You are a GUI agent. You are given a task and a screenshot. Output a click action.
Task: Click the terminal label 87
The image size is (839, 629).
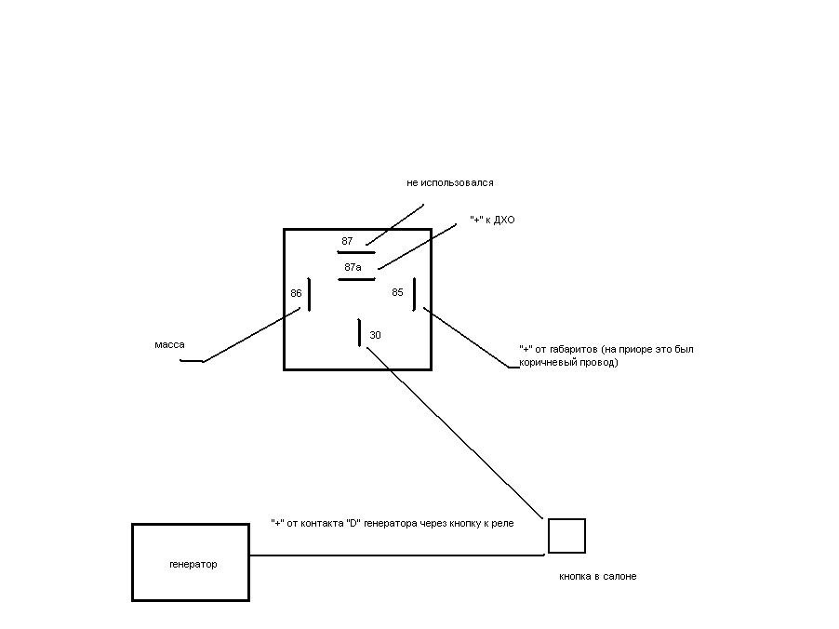(347, 241)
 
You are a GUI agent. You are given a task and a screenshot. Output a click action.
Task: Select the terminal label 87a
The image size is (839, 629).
(353, 267)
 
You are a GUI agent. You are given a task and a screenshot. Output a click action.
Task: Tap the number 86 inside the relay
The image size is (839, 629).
(296, 293)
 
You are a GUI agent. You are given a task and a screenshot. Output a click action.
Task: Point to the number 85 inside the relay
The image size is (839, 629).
(397, 292)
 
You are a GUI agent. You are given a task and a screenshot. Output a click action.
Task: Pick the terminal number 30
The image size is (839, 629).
(375, 335)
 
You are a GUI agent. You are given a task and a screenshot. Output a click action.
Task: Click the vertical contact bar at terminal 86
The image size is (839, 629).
(309, 294)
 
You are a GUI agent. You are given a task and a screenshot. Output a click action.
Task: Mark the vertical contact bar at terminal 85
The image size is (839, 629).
(414, 294)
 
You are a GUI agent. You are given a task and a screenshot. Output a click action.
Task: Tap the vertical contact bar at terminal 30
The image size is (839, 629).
(359, 332)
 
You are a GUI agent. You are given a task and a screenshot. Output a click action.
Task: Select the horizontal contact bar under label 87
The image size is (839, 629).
(356, 252)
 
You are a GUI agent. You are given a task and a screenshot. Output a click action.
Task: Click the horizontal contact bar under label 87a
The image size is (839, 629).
(356, 278)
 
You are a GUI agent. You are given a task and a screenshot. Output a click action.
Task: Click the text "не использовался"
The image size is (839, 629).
(450, 183)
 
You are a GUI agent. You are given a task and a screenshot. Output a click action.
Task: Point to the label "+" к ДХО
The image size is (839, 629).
(492, 220)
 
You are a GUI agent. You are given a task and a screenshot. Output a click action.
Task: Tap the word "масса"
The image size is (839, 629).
(169, 345)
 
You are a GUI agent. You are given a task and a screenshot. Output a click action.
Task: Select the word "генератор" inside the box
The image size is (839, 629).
(193, 565)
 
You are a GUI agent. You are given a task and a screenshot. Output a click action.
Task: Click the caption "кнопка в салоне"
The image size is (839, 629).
(597, 577)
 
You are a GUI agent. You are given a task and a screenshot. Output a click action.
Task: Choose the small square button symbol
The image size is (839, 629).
(566, 536)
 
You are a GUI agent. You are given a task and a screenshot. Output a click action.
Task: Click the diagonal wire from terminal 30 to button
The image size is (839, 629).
(456, 434)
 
